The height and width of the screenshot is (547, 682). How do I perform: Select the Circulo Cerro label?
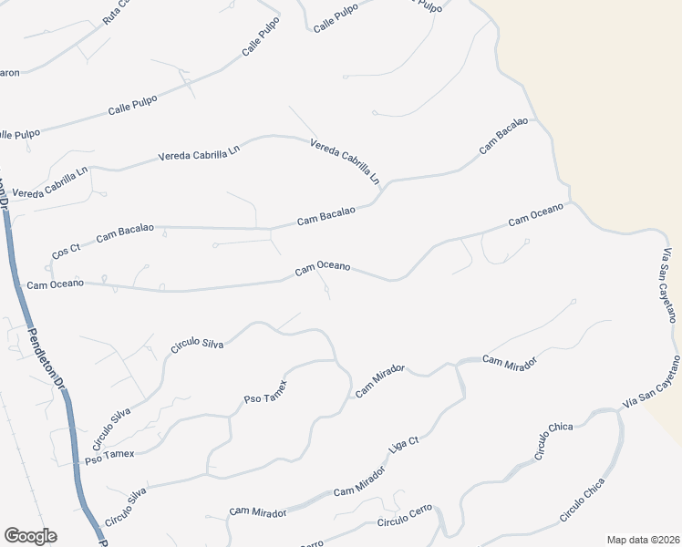point(405,521)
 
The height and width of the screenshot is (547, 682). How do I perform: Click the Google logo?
point(30,536)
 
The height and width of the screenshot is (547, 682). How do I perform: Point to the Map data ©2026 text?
point(643,539)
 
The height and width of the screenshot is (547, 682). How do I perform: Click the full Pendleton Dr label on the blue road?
point(46,360)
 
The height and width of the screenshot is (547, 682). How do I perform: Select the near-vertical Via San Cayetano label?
point(666,284)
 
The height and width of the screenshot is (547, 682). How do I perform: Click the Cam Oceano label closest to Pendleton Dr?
point(56,284)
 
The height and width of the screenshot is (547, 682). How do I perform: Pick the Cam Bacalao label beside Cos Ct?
point(125,232)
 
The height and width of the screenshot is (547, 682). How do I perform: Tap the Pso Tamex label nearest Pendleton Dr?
point(109,453)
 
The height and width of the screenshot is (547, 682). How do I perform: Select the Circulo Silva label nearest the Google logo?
point(125,508)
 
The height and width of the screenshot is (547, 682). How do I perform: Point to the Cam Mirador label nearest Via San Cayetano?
point(510,362)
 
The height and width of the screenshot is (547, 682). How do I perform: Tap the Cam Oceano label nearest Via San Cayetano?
point(536,214)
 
